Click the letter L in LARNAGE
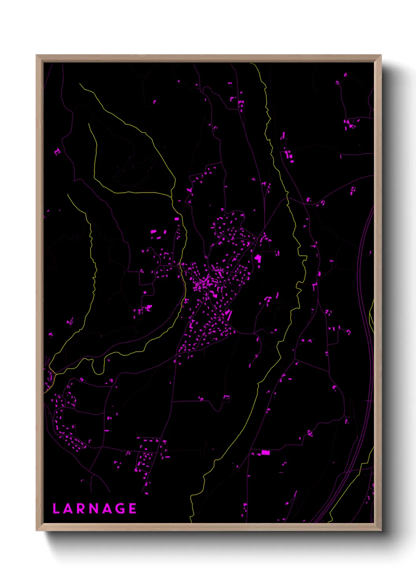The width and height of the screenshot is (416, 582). coord(56,508)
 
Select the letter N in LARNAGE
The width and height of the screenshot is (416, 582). coord(94,508)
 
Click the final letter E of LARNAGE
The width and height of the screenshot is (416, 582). coord(133,508)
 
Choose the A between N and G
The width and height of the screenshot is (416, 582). coord(108,508)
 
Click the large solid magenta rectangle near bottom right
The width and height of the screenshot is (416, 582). coord(266,453)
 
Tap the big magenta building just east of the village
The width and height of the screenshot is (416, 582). coord(258,258)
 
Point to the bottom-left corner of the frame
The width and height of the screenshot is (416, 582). coord(37,530)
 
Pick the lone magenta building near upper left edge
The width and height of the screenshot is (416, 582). coord(57,151)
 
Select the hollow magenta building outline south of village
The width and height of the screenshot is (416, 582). coord(226,398)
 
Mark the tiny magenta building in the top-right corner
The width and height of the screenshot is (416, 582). coord(345,75)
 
